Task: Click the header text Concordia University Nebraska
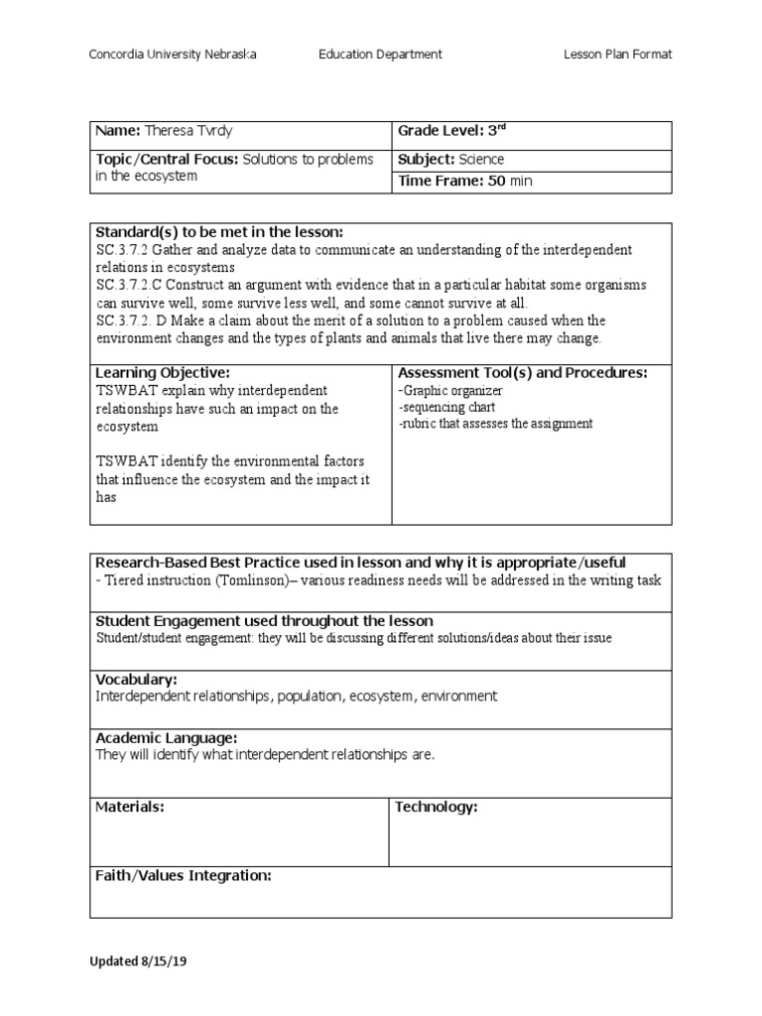[173, 55]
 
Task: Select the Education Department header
[380, 55]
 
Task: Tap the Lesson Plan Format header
[617, 55]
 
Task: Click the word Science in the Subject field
[480, 159]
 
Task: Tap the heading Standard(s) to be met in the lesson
[218, 232]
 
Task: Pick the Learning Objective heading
[163, 372]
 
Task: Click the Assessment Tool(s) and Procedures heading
[522, 372]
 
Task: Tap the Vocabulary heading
[136, 680]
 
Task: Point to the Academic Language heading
[166, 738]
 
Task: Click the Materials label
[129, 807]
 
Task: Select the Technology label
[437, 807]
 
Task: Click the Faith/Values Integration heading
[183, 875]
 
